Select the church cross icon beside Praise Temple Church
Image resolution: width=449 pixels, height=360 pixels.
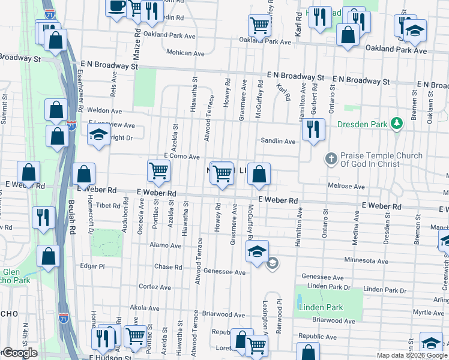click(330, 160)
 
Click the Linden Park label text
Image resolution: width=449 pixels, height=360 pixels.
click(322, 308)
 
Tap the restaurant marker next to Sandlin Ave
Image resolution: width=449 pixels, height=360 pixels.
click(313, 130)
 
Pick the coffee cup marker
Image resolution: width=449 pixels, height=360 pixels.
click(116, 7)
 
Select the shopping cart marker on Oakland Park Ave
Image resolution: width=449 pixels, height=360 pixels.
click(259, 26)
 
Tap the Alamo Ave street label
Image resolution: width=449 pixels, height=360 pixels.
click(167, 245)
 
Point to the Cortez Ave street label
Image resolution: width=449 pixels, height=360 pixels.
click(156, 286)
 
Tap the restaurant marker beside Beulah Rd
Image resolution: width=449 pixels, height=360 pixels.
click(44, 218)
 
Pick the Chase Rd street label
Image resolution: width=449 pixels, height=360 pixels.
click(164, 266)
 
